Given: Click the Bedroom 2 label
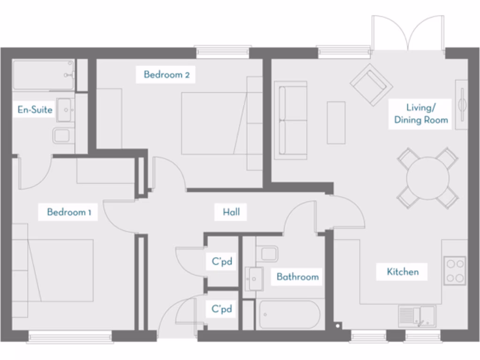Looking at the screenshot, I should click(x=166, y=75).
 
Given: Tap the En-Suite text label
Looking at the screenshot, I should click(x=35, y=110).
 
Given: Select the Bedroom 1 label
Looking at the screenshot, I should click(x=69, y=212).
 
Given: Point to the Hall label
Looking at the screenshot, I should click(x=231, y=212).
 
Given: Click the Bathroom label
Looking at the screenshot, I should click(x=297, y=277).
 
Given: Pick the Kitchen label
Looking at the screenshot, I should click(x=403, y=271).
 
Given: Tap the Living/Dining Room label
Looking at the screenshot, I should click(x=420, y=114).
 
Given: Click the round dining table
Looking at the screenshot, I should click(x=427, y=178).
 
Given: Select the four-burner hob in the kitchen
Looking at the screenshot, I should click(x=455, y=270).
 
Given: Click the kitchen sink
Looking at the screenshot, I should click(x=417, y=315).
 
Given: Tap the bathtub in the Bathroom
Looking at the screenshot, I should click(x=289, y=315).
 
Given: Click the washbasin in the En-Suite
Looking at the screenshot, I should click(x=65, y=110).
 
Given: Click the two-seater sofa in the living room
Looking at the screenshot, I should click(x=290, y=120).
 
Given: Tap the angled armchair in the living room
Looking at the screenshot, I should click(x=371, y=84).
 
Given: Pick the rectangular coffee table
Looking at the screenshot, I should click(x=336, y=122).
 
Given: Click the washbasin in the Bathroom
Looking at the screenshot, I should click(x=253, y=278).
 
